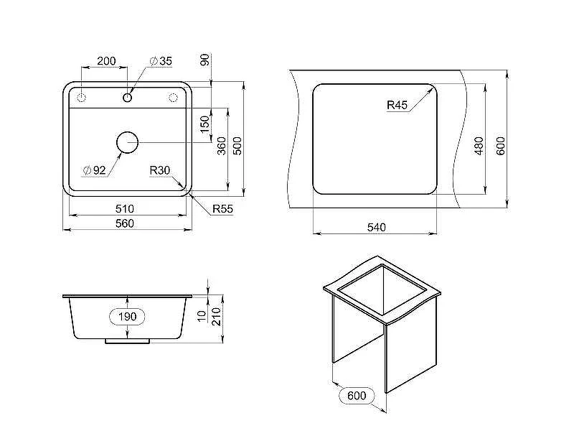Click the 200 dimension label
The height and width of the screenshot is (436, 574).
pyautogui.click(x=106, y=61)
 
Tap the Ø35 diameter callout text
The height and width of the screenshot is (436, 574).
pyautogui.click(x=161, y=61)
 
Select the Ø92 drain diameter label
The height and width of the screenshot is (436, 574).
pyautogui.click(x=95, y=170)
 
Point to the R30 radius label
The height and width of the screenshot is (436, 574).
pyautogui.click(x=159, y=170)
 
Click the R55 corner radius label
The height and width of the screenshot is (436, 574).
pyautogui.click(x=222, y=209)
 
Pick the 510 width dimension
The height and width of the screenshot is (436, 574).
pyautogui.click(x=124, y=209)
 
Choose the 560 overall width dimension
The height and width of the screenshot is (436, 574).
pyautogui.click(x=124, y=223)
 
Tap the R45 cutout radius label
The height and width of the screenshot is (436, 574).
pyautogui.click(x=397, y=105)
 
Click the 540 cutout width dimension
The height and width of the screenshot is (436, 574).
pyautogui.click(x=376, y=228)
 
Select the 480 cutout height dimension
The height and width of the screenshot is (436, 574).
pyautogui.click(x=479, y=146)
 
